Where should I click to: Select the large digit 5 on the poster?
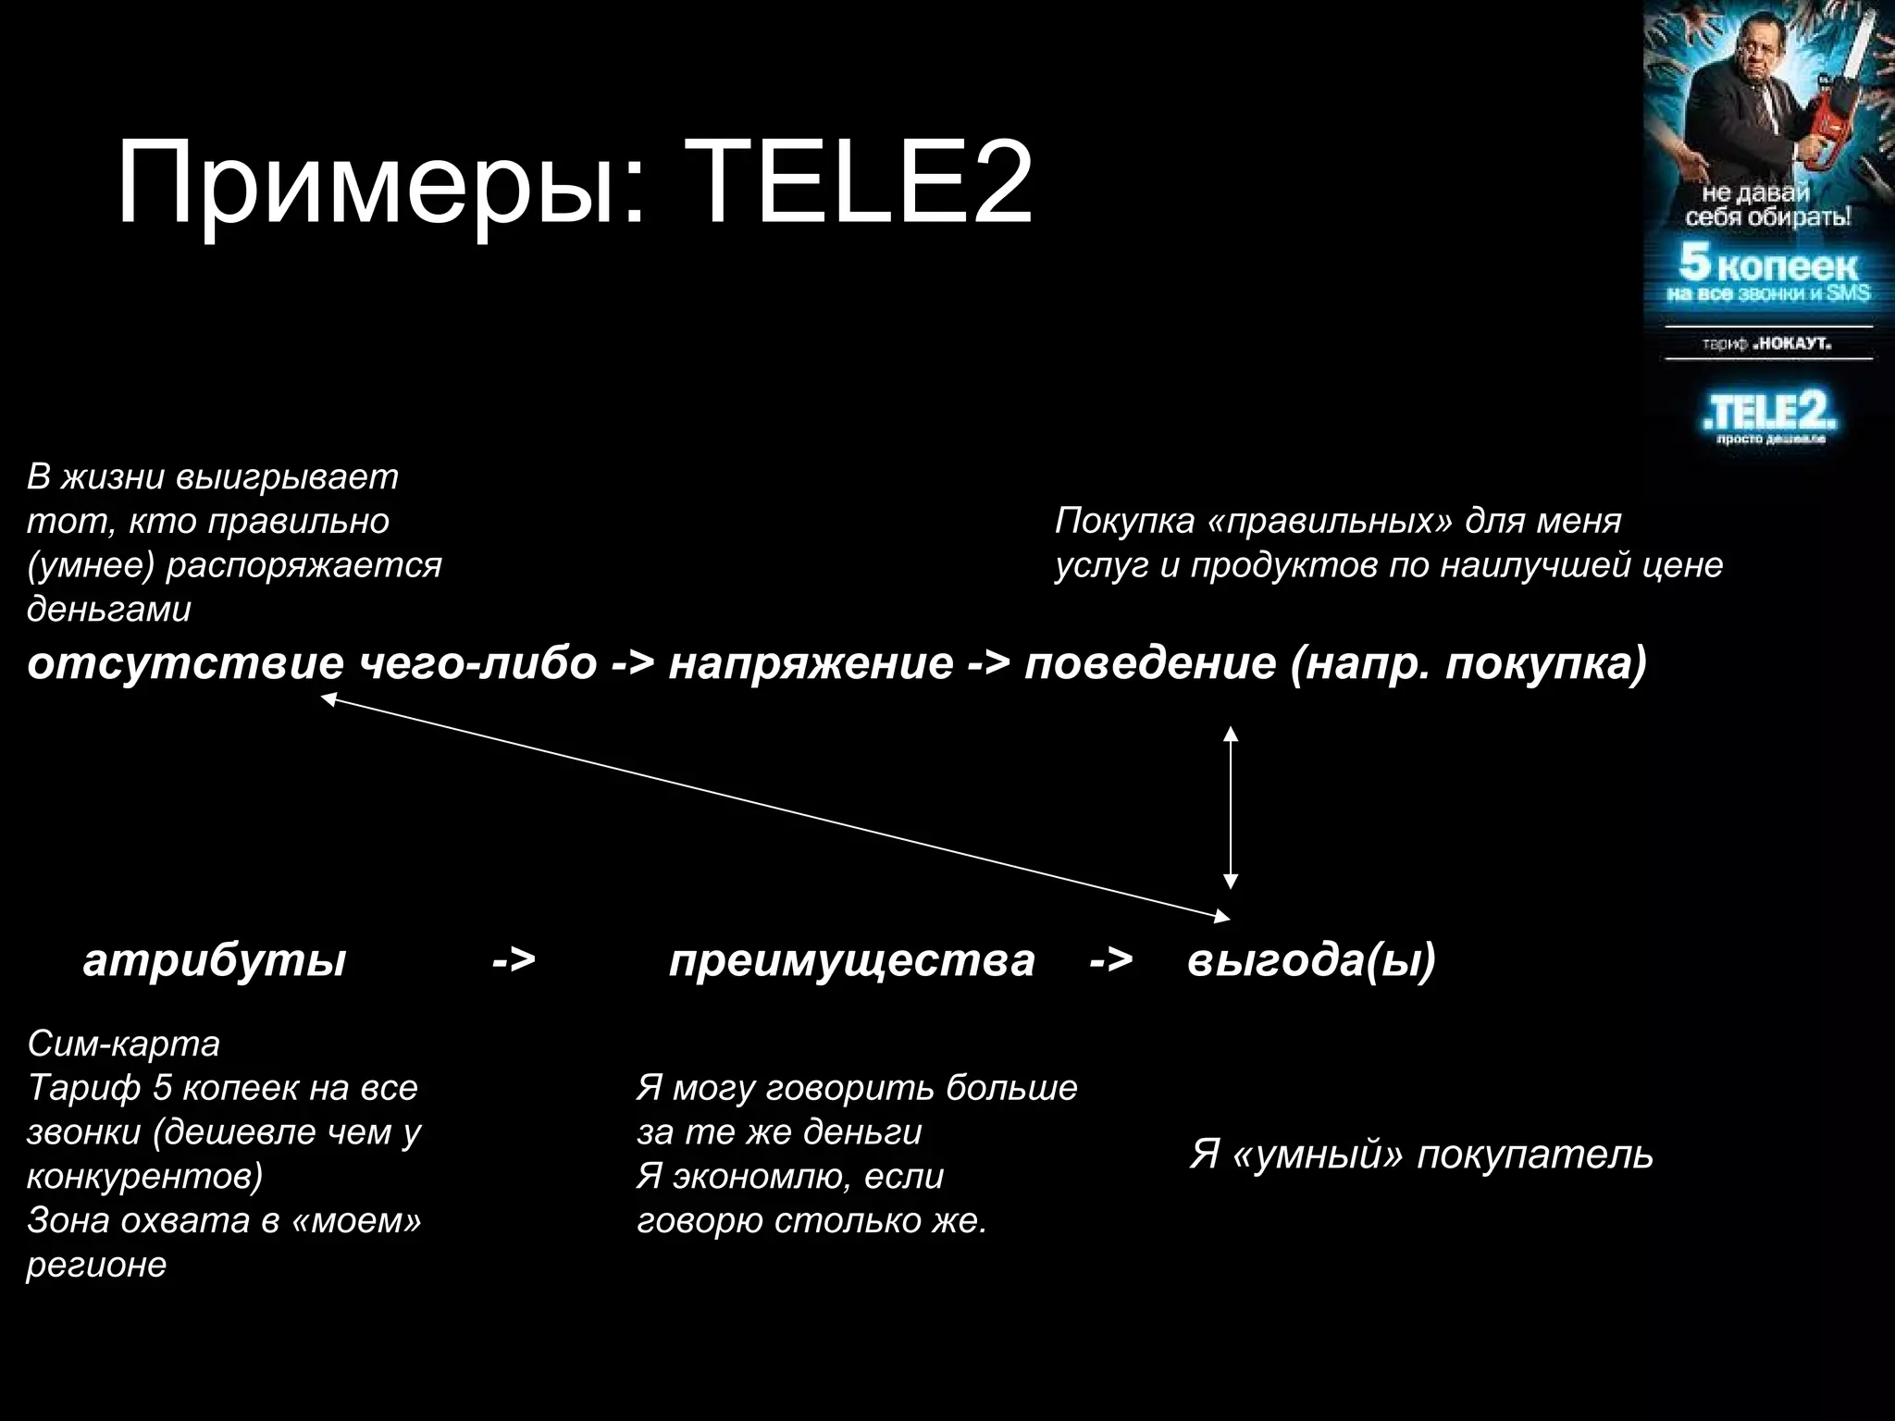tap(1694, 262)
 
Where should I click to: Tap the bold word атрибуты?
tap(215, 960)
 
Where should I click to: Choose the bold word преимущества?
tap(851, 960)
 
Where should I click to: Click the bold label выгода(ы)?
tap(1311, 960)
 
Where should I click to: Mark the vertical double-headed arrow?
tap(1230, 807)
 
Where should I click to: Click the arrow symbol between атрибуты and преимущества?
tap(514, 960)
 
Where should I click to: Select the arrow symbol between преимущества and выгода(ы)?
tap(1110, 960)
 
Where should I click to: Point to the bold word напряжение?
tap(811, 663)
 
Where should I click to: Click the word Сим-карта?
tap(124, 1044)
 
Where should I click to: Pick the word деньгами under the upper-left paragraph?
tap(109, 609)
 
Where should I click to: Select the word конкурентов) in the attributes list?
tap(144, 1176)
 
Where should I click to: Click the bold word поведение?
tap(1150, 663)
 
